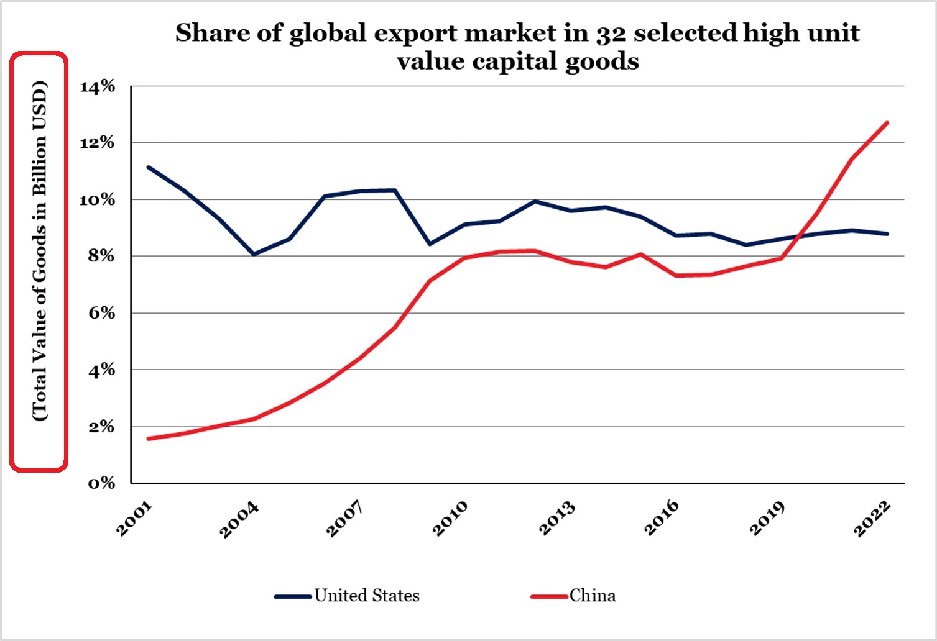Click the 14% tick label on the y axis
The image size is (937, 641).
(98, 86)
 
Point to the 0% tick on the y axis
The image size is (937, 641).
(101, 483)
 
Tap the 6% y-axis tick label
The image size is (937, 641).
(101, 313)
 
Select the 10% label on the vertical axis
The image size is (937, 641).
(98, 199)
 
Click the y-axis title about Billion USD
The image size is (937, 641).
(39, 251)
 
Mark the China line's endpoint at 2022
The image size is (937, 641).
(887, 123)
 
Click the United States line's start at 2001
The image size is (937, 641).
(148, 167)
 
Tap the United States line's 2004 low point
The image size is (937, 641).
(253, 254)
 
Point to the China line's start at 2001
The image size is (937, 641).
(148, 439)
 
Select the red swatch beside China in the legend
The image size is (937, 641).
(550, 596)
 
